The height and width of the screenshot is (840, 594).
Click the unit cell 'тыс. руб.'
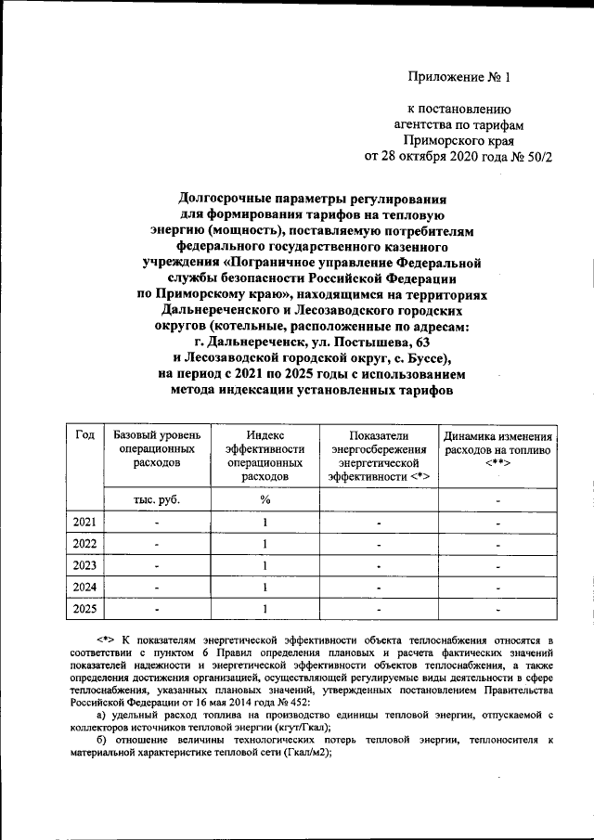coord(156,499)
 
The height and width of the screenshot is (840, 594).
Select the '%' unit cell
coord(265,499)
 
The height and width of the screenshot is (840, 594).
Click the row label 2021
coord(84,523)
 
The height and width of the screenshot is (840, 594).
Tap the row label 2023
coord(84,565)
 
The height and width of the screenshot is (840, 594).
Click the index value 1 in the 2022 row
coord(265,544)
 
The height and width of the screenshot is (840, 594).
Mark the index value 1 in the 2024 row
coord(265,587)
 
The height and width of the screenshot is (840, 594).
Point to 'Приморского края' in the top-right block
coord(472,140)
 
